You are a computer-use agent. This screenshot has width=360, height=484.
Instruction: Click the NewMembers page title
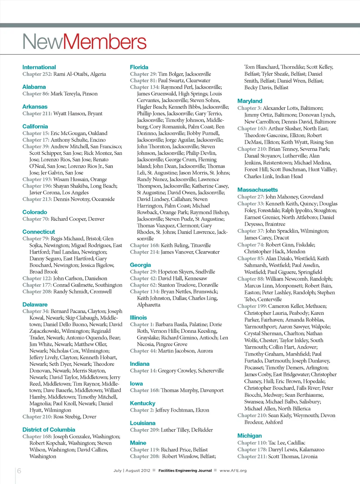(84, 42)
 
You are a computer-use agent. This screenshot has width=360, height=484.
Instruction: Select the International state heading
(39, 67)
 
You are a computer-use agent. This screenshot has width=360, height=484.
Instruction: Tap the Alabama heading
(34, 87)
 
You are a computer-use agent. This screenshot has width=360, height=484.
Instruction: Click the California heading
(35, 126)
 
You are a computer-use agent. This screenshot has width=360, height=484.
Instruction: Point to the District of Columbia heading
(49, 429)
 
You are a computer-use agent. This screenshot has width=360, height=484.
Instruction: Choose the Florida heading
(139, 67)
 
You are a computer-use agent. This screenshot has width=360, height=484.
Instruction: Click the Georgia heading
(140, 265)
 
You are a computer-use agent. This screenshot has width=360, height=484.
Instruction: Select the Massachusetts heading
(258, 190)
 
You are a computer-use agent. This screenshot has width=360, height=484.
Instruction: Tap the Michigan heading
(250, 435)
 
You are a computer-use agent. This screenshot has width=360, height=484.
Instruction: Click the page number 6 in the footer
(19, 471)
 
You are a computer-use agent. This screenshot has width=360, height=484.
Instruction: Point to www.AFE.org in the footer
(233, 471)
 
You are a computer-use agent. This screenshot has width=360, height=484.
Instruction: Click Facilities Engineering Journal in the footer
(185, 471)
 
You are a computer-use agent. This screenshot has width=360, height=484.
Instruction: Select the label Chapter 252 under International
(37, 74)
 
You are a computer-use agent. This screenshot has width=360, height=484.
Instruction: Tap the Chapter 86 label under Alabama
(36, 94)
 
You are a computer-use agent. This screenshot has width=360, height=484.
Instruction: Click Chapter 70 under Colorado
(36, 219)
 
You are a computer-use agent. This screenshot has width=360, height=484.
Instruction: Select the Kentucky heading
(143, 403)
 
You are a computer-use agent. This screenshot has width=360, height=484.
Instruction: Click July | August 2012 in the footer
(131, 471)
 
